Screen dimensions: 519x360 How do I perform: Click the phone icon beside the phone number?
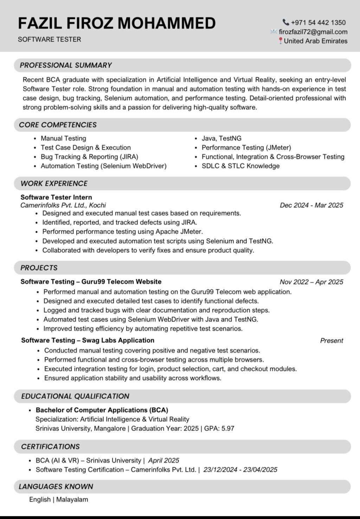(x=286, y=22)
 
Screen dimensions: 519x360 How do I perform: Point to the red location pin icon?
(x=281, y=41)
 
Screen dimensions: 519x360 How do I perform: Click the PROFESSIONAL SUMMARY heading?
(x=66, y=65)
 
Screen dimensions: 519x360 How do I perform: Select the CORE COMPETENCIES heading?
(x=58, y=125)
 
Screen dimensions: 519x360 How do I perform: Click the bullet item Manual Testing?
(x=63, y=138)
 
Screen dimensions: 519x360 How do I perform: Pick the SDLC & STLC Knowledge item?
(x=240, y=166)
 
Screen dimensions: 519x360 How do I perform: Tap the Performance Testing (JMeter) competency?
(x=246, y=148)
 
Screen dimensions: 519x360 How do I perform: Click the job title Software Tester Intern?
(x=56, y=197)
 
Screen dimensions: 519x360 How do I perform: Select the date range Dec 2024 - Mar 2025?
(x=311, y=205)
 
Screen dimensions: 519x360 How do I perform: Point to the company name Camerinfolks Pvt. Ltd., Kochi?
(x=63, y=205)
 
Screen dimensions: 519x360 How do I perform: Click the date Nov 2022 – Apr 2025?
(x=311, y=282)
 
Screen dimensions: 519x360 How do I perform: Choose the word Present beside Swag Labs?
(x=332, y=340)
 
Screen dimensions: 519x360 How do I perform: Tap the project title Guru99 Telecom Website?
(x=121, y=281)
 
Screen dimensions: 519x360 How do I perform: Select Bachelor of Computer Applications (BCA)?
(x=102, y=410)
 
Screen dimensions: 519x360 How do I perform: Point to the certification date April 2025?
(x=163, y=460)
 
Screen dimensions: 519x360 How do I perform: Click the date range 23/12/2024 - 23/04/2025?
(x=240, y=469)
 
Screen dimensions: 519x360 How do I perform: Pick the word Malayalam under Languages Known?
(x=72, y=499)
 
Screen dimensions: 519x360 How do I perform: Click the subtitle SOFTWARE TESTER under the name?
(x=49, y=39)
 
